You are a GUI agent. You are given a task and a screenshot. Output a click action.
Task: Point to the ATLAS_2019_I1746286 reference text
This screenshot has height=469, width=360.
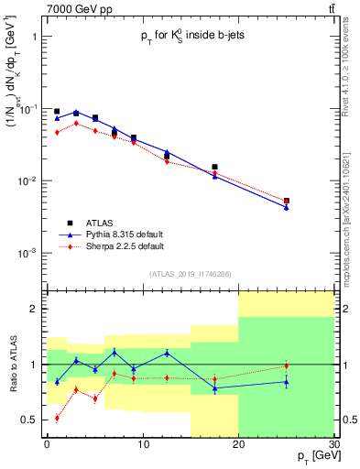(x=190, y=274)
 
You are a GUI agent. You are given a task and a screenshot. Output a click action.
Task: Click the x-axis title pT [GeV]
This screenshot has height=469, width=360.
(x=311, y=456)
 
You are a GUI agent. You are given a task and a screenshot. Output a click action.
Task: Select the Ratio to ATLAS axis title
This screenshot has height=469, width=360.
(x=13, y=365)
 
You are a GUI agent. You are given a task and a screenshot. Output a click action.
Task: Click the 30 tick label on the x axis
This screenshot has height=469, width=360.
(x=333, y=444)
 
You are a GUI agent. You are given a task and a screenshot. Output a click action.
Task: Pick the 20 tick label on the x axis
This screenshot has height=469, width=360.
(x=238, y=444)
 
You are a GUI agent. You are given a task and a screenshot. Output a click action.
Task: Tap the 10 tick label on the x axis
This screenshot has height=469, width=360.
(x=142, y=444)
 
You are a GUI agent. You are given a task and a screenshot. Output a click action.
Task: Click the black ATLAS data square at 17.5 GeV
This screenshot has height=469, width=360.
(x=214, y=168)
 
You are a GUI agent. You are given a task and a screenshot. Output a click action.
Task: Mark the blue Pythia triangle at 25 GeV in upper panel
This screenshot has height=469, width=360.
(x=286, y=207)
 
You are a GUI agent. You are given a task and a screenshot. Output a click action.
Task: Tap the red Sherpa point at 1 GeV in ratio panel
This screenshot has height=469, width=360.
(x=57, y=418)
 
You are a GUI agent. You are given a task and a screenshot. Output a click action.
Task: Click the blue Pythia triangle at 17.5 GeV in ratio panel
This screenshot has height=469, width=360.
(x=214, y=388)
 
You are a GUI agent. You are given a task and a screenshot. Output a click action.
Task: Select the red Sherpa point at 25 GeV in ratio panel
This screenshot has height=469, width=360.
(x=286, y=366)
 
